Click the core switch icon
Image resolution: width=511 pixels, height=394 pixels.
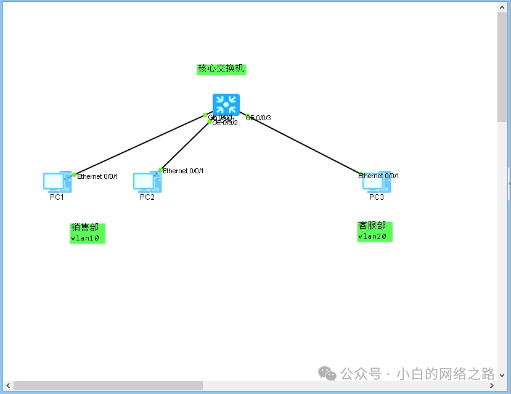pos(226,104)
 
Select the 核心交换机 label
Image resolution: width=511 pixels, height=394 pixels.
pos(221,68)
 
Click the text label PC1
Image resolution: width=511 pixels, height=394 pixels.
pos(57,197)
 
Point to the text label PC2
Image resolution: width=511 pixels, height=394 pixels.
pos(147,197)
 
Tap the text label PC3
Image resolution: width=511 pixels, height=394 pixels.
pos(376,197)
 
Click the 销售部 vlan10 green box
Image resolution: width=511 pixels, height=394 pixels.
pos(88,232)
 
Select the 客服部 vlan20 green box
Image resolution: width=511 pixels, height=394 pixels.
pos(374,231)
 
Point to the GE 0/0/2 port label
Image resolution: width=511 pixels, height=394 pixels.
pos(226,123)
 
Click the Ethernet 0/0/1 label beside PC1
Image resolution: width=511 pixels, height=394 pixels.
pos(97,176)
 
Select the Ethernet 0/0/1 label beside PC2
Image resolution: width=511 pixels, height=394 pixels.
pos(183,171)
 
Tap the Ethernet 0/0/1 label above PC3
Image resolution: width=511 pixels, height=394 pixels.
pos(379,176)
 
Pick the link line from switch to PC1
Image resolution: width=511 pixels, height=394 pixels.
pos(139,145)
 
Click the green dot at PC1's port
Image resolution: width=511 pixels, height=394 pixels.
pos(74,175)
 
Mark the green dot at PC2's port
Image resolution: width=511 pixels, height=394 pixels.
pos(161,170)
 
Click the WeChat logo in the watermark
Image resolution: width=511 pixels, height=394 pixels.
pos(327,374)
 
